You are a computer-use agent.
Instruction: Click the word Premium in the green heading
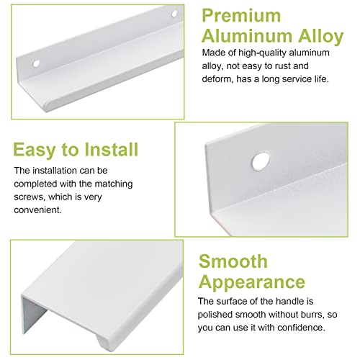click(241, 16)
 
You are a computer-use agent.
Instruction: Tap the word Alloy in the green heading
click(321, 37)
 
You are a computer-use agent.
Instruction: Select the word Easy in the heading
click(34, 150)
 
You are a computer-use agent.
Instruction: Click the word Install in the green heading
click(112, 149)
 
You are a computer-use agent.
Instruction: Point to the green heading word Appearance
click(252, 282)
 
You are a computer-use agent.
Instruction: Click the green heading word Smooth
click(233, 261)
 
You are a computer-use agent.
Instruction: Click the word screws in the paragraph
click(30, 197)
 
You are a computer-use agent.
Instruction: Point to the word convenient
click(37, 210)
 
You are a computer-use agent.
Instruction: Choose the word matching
click(114, 184)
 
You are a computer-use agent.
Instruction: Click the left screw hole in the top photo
click(36, 63)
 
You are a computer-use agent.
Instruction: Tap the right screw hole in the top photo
click(174, 14)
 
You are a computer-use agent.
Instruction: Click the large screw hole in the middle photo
click(261, 161)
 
